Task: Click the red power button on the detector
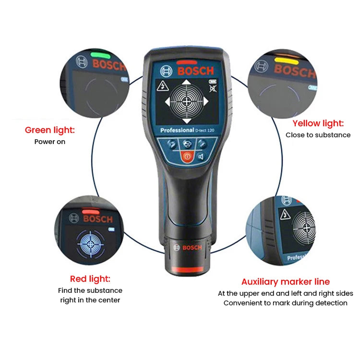pos(187,156)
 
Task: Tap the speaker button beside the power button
pos(201,156)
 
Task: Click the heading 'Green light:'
pos(50,130)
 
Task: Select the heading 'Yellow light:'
pos(318,123)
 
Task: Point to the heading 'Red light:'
pos(90,279)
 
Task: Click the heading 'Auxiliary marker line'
pos(286,282)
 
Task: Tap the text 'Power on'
pos(50,142)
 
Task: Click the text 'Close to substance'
pos(318,135)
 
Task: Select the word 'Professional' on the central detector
pos(177,131)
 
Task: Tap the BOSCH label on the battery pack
pos(192,247)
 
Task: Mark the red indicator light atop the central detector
pos(186,62)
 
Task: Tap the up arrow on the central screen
pos(185,83)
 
